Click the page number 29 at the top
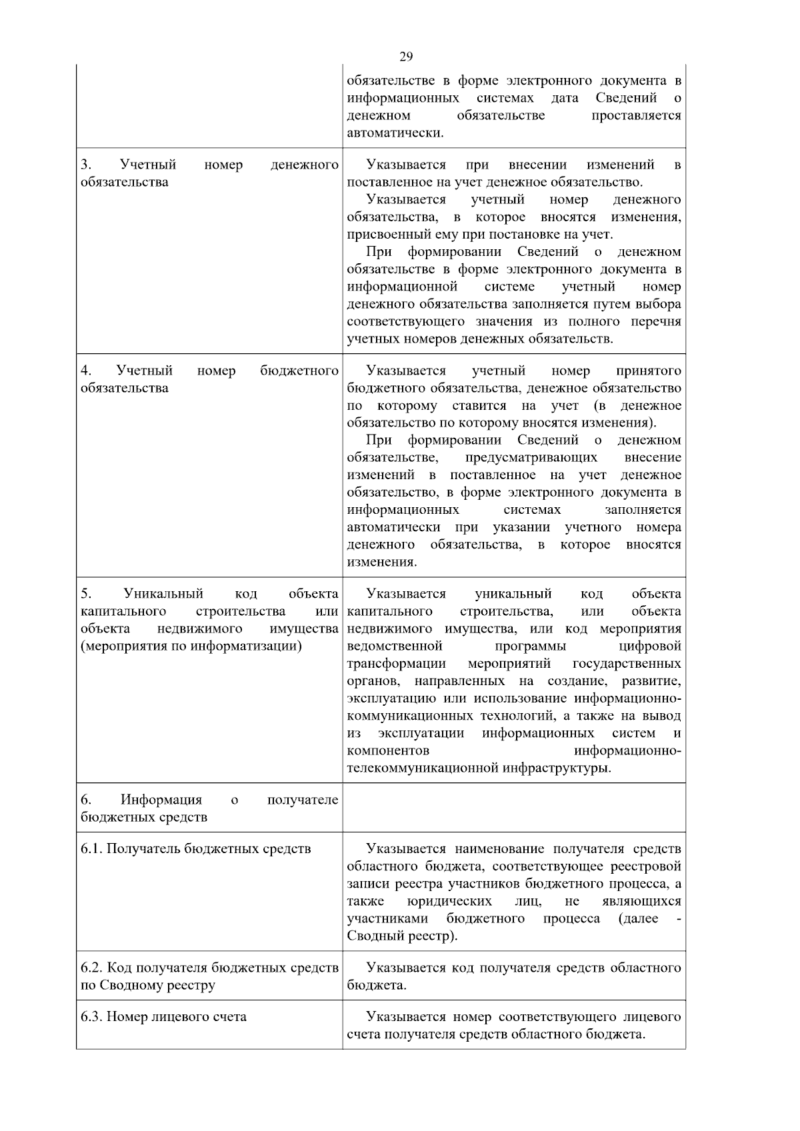click(406, 56)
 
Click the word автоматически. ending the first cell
click(395, 133)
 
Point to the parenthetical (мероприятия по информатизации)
click(191, 646)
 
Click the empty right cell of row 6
click(513, 807)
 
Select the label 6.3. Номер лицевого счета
click(163, 1017)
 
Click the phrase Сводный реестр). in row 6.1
click(402, 936)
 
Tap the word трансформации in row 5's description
click(396, 664)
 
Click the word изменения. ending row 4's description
click(381, 562)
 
